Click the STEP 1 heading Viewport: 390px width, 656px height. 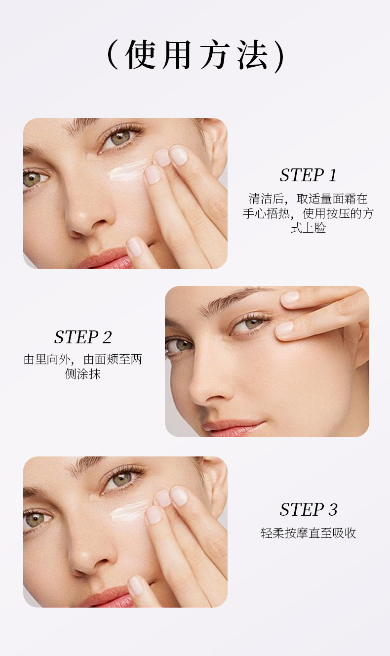(308, 175)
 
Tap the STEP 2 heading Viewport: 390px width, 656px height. (83, 337)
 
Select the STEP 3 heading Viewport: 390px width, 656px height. (309, 510)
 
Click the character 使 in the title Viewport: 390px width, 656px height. (140, 55)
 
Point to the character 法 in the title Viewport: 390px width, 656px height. (252, 55)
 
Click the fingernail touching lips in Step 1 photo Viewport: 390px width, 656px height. (135, 247)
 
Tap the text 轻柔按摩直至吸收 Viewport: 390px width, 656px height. (308, 533)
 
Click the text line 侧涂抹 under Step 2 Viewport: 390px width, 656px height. (83, 374)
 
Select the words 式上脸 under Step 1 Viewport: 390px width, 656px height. (308, 228)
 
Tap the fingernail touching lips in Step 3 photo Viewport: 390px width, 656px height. (136, 586)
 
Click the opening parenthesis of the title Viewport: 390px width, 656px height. (113, 55)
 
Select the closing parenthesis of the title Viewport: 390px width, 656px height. (279, 56)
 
